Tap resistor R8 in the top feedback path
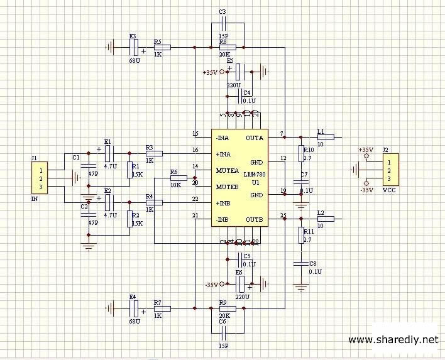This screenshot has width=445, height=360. pos(227,47)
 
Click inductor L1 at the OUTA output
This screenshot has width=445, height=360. pos(326,137)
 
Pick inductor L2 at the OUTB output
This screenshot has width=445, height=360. pos(326,219)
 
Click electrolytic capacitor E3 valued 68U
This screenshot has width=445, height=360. pos(133,47)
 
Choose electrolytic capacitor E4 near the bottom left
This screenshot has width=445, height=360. pos(133,308)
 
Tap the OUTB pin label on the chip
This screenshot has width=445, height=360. pos(255,219)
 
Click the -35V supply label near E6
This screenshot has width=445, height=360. pos(211,285)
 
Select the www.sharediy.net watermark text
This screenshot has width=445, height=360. pos(392,340)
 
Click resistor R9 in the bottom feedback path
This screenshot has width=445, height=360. pos(227,308)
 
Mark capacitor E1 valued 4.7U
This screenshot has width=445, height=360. pos(108,152)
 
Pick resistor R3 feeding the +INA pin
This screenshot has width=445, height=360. pos(154,153)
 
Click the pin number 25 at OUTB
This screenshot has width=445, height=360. pos(283,215)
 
